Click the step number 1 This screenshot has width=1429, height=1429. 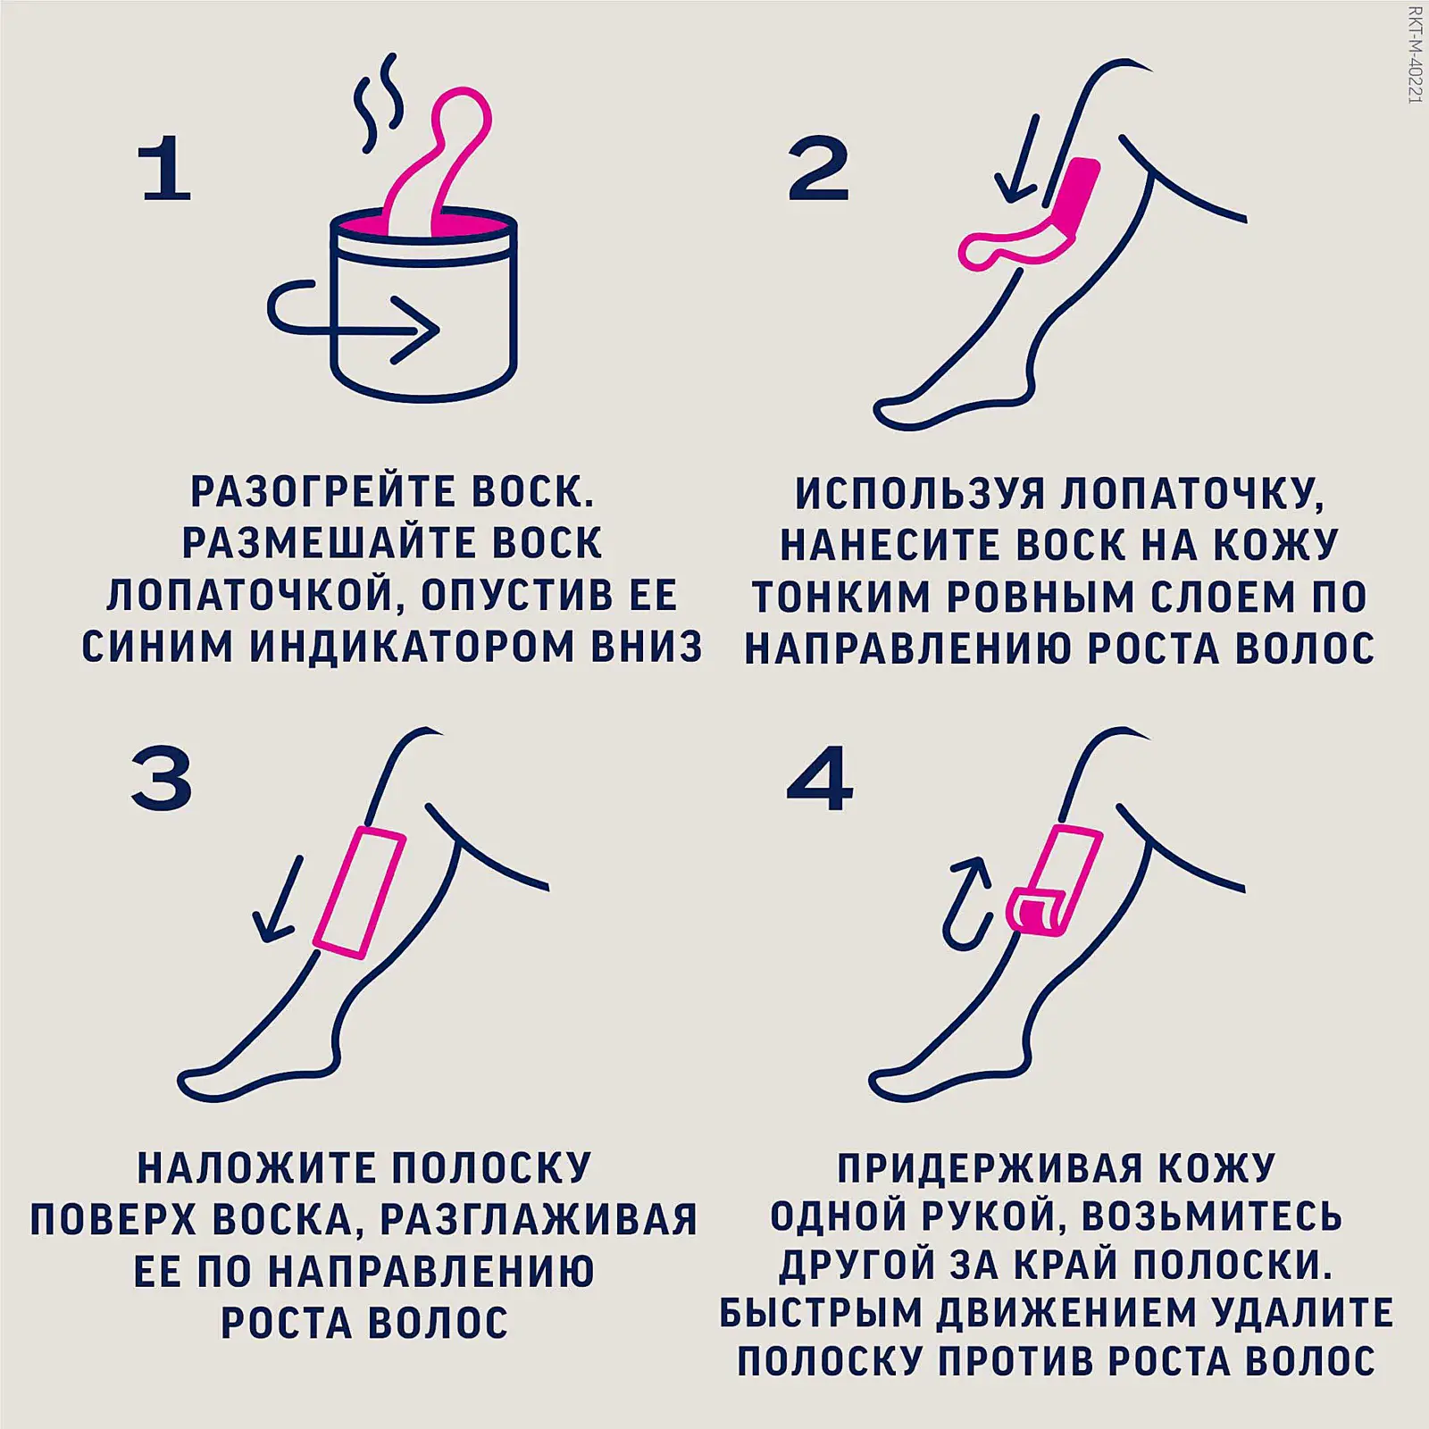[166, 170]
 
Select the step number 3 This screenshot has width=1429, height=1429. [162, 779]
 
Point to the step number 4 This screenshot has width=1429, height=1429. [819, 778]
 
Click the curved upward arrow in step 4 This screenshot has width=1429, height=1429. [967, 902]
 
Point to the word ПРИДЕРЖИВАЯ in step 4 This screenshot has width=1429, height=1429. [990, 1167]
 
